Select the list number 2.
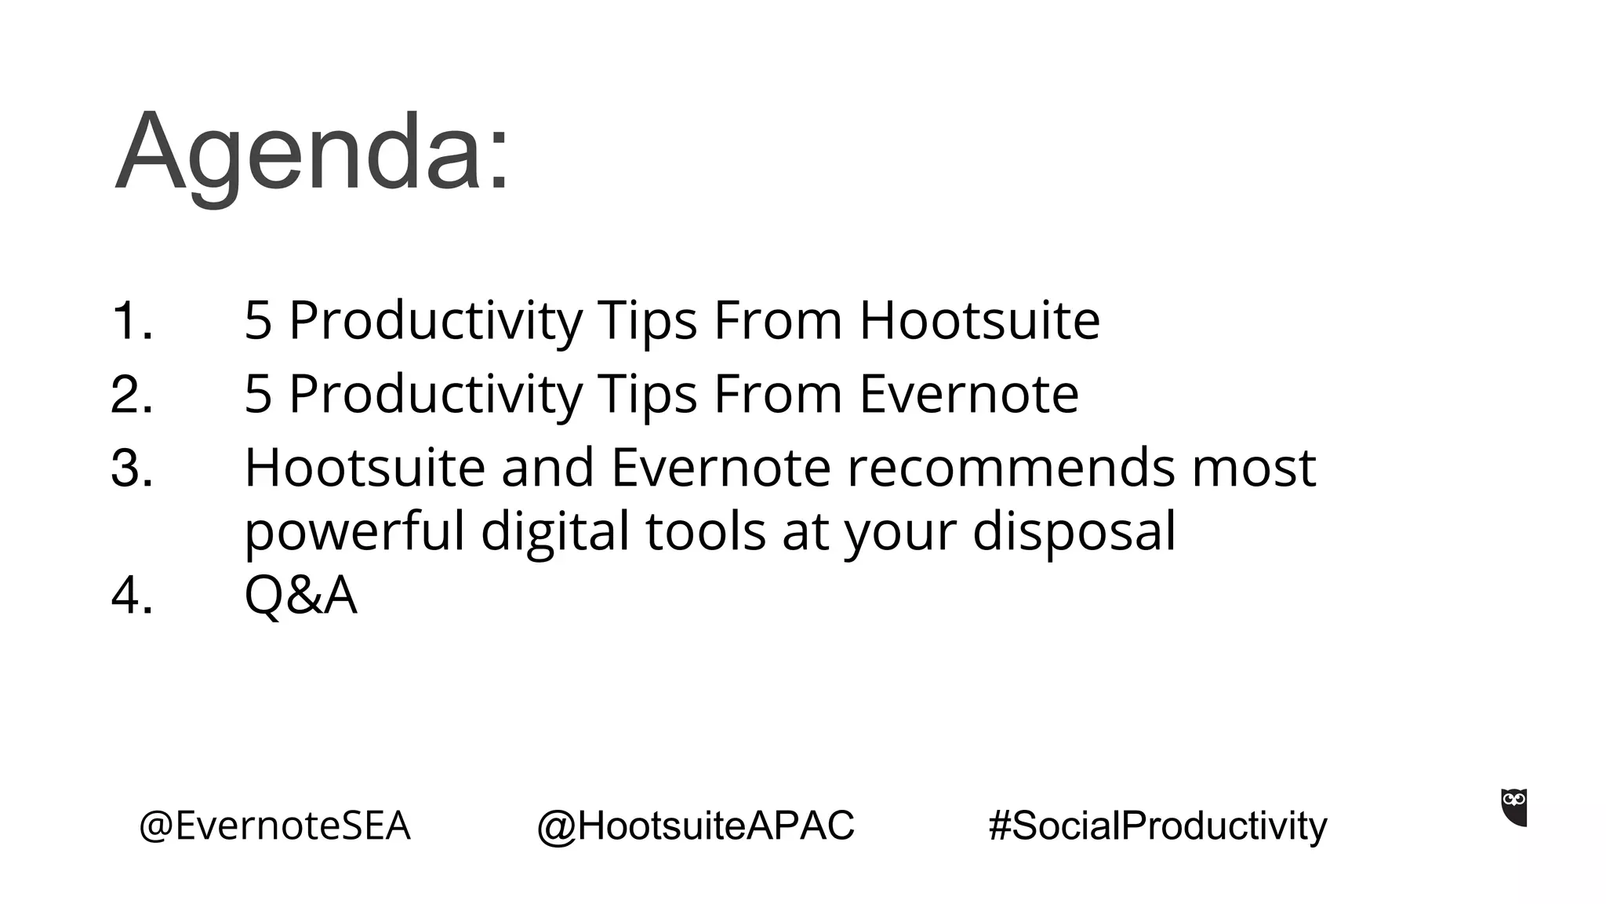[x=131, y=394]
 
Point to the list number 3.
[x=131, y=468]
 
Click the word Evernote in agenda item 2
[x=969, y=394]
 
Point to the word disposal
[x=1074, y=532]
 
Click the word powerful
[x=354, y=532]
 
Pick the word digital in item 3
[x=555, y=532]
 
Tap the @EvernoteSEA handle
[x=274, y=826]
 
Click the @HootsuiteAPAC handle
[x=696, y=826]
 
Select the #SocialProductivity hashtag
[x=1157, y=826]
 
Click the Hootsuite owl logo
[x=1514, y=807]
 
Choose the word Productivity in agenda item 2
[x=435, y=394]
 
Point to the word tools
[x=706, y=532]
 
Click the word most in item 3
[x=1253, y=468]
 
